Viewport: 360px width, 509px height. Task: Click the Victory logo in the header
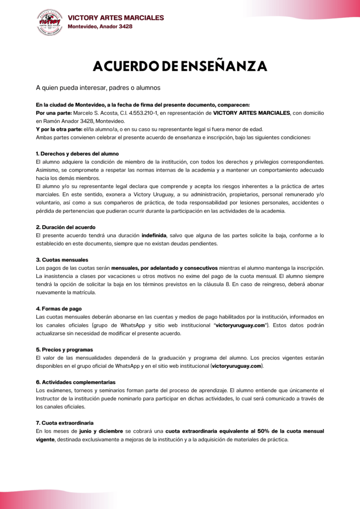pos(49,22)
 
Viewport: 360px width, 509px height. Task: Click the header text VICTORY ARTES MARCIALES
pos(115,18)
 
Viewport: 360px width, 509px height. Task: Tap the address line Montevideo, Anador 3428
pos(100,27)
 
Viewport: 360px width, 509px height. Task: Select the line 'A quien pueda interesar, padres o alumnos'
pos(97,88)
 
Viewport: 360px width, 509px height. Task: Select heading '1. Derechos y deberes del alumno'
pos(77,154)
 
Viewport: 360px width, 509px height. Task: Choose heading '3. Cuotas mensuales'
pos(62,260)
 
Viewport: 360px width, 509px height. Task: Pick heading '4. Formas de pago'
pos(59,309)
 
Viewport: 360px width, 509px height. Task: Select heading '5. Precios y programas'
pos(64,349)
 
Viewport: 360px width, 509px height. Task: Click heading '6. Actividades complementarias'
pos(75,382)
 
